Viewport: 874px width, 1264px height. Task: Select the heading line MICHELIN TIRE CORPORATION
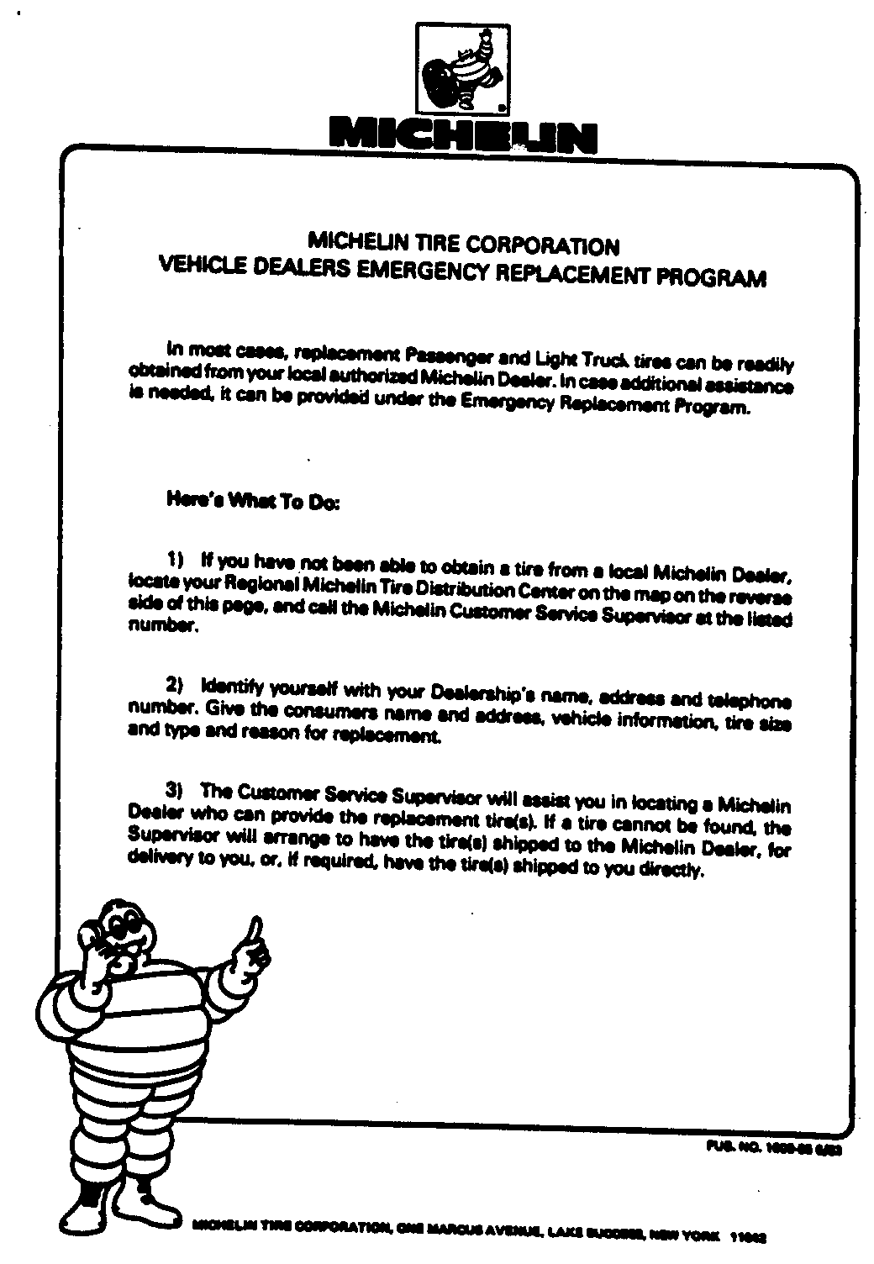tap(465, 245)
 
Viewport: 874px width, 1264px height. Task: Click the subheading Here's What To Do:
tap(253, 503)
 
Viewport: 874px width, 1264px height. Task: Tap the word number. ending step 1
tap(163, 626)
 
